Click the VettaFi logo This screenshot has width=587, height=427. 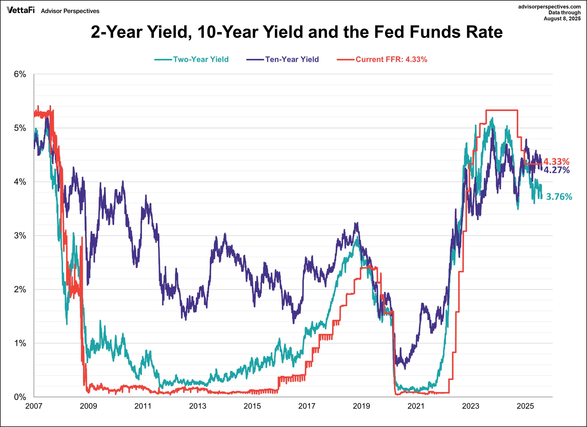click(x=21, y=10)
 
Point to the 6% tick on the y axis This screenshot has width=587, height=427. click(x=20, y=74)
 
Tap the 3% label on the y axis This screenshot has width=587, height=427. click(x=20, y=236)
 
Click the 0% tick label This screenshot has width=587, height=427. click(x=20, y=397)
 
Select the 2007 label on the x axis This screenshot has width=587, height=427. click(x=34, y=406)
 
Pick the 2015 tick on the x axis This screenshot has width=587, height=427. click(x=252, y=406)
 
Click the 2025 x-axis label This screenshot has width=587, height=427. click(x=525, y=406)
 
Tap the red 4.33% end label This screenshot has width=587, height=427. click(x=556, y=162)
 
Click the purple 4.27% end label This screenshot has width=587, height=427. click(x=556, y=170)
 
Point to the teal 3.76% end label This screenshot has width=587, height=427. click(x=559, y=197)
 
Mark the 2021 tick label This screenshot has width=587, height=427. click(x=416, y=406)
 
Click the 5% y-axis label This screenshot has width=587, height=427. click(x=20, y=128)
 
